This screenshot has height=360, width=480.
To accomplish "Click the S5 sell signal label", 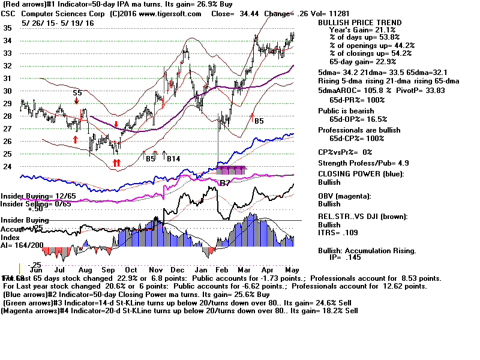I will point(78,93).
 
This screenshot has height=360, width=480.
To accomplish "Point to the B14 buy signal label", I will point(174,158).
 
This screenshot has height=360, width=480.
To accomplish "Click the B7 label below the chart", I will point(225,182).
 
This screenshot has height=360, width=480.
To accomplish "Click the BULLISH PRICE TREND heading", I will point(359,23).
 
